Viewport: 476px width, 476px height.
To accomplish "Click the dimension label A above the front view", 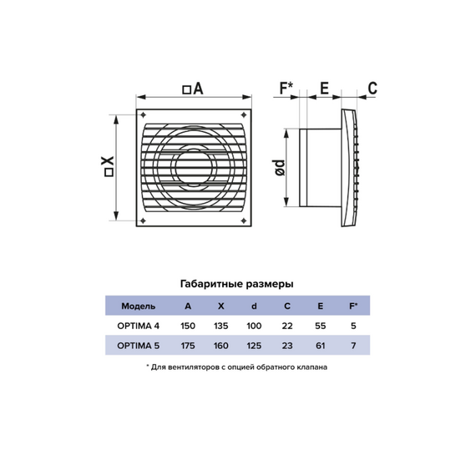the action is [x=193, y=89].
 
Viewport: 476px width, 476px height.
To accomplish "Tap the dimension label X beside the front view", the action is [x=108, y=166].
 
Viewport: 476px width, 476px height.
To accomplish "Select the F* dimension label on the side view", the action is [x=286, y=88].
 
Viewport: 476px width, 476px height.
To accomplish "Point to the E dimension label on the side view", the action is [x=325, y=88].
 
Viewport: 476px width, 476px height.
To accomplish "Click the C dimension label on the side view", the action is [x=372, y=88].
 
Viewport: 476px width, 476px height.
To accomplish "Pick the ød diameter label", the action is [x=280, y=168].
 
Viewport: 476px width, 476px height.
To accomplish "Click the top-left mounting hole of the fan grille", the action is [x=144, y=115].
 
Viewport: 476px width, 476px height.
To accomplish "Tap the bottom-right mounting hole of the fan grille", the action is [x=244, y=220].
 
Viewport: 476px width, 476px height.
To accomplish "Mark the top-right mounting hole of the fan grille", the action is [x=244, y=115].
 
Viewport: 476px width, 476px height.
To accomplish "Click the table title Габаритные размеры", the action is [x=237, y=284].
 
